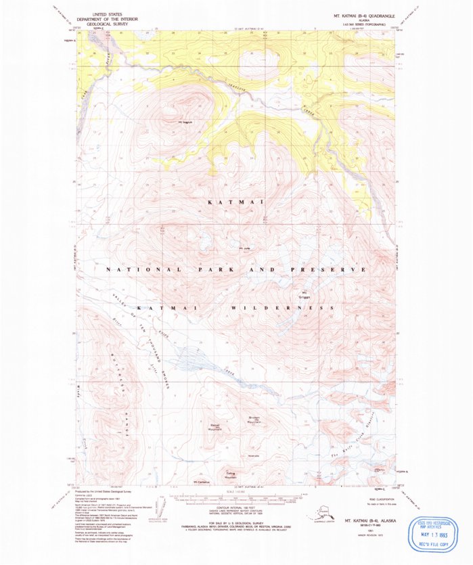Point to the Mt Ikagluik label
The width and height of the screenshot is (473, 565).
coord(185,122)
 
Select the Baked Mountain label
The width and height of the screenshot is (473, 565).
coord(215,427)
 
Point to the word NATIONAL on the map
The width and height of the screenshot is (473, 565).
coord(142,269)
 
